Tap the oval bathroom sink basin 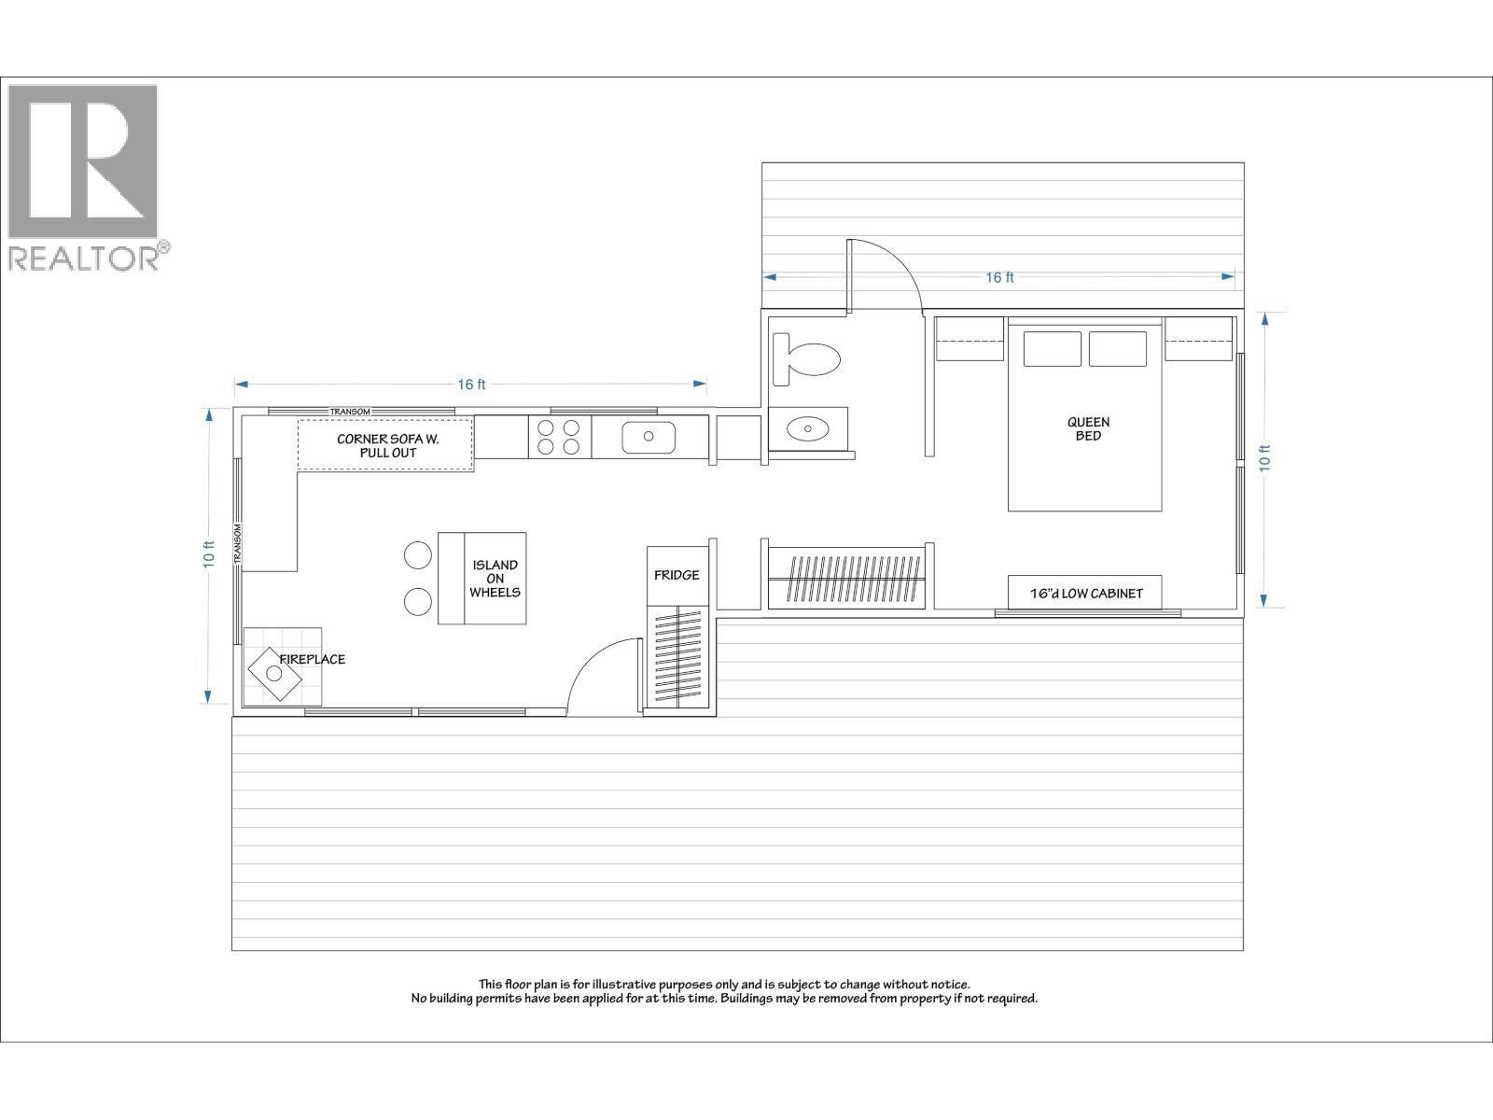click(x=807, y=428)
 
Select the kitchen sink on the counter click(x=649, y=436)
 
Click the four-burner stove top click(x=559, y=437)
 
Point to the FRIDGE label click(x=677, y=575)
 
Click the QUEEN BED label click(x=1088, y=428)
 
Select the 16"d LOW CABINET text click(x=1085, y=593)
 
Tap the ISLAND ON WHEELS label click(x=495, y=579)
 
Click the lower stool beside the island click(x=418, y=602)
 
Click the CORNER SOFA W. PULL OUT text click(x=387, y=445)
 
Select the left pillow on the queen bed click(x=1052, y=349)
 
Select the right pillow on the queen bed click(x=1117, y=349)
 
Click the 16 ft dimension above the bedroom click(x=999, y=277)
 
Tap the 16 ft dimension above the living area click(x=471, y=384)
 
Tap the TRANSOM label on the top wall click(x=350, y=412)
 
